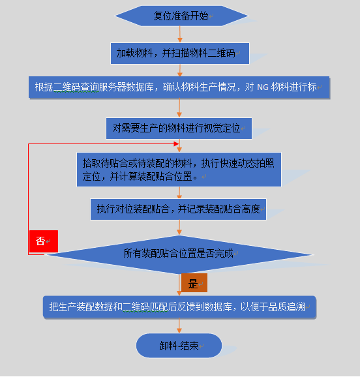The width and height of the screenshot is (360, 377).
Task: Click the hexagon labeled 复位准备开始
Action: pos(181,16)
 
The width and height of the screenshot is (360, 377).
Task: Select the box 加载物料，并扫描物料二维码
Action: pos(180,53)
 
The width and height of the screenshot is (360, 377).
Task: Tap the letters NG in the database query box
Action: pos(263,87)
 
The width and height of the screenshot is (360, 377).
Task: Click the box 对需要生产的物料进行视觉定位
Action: pos(179,128)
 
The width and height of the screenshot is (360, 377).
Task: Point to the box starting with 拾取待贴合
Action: pos(179,170)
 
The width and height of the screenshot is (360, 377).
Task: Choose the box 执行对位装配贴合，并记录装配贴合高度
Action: pos(179,209)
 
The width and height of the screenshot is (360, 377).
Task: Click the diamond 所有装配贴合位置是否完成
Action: pos(179,254)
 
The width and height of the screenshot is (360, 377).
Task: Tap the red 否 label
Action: pos(44,241)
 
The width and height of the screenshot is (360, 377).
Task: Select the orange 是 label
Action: pos(194,283)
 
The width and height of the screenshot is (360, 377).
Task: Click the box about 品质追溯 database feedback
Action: pos(179,307)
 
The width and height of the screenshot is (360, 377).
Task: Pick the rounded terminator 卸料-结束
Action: pos(179,346)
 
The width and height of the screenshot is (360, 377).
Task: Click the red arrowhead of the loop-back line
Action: pos(176,143)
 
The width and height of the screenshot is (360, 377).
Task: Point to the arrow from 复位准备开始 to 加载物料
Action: pos(179,35)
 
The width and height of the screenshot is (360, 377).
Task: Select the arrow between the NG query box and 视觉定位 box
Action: pos(179,108)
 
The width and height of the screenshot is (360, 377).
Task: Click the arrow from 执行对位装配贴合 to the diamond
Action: pos(179,228)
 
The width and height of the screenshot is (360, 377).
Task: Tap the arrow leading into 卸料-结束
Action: pos(179,325)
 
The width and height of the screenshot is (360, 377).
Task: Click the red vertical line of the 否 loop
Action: pos(29,199)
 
